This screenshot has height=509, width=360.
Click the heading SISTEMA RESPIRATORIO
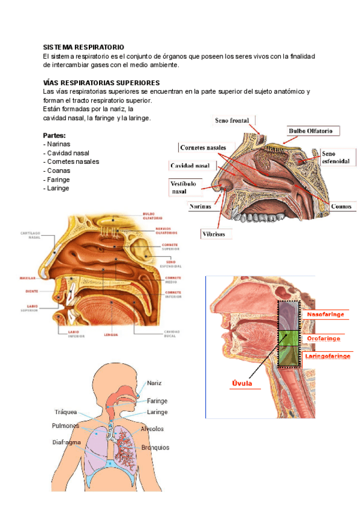coord(84,47)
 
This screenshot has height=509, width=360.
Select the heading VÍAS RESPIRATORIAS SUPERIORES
coord(101,82)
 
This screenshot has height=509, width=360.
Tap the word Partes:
coord(55,136)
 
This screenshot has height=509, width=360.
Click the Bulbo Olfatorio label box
coord(314,130)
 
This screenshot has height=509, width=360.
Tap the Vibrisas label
coord(214,234)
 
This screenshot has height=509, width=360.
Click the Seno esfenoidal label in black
coord(335,157)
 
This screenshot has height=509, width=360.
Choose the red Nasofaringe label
coord(326,315)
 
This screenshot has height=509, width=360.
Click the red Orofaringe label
coord(323,339)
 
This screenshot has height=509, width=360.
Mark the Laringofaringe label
coord(328,356)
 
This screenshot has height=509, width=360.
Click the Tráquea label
coord(66,412)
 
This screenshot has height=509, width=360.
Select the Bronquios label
coord(155,447)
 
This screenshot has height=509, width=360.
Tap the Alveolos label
coord(152,429)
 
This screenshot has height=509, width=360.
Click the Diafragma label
coord(67,442)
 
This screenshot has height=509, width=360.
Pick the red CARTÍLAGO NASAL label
coord(30,234)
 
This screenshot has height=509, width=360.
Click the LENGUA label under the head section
coord(110,334)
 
